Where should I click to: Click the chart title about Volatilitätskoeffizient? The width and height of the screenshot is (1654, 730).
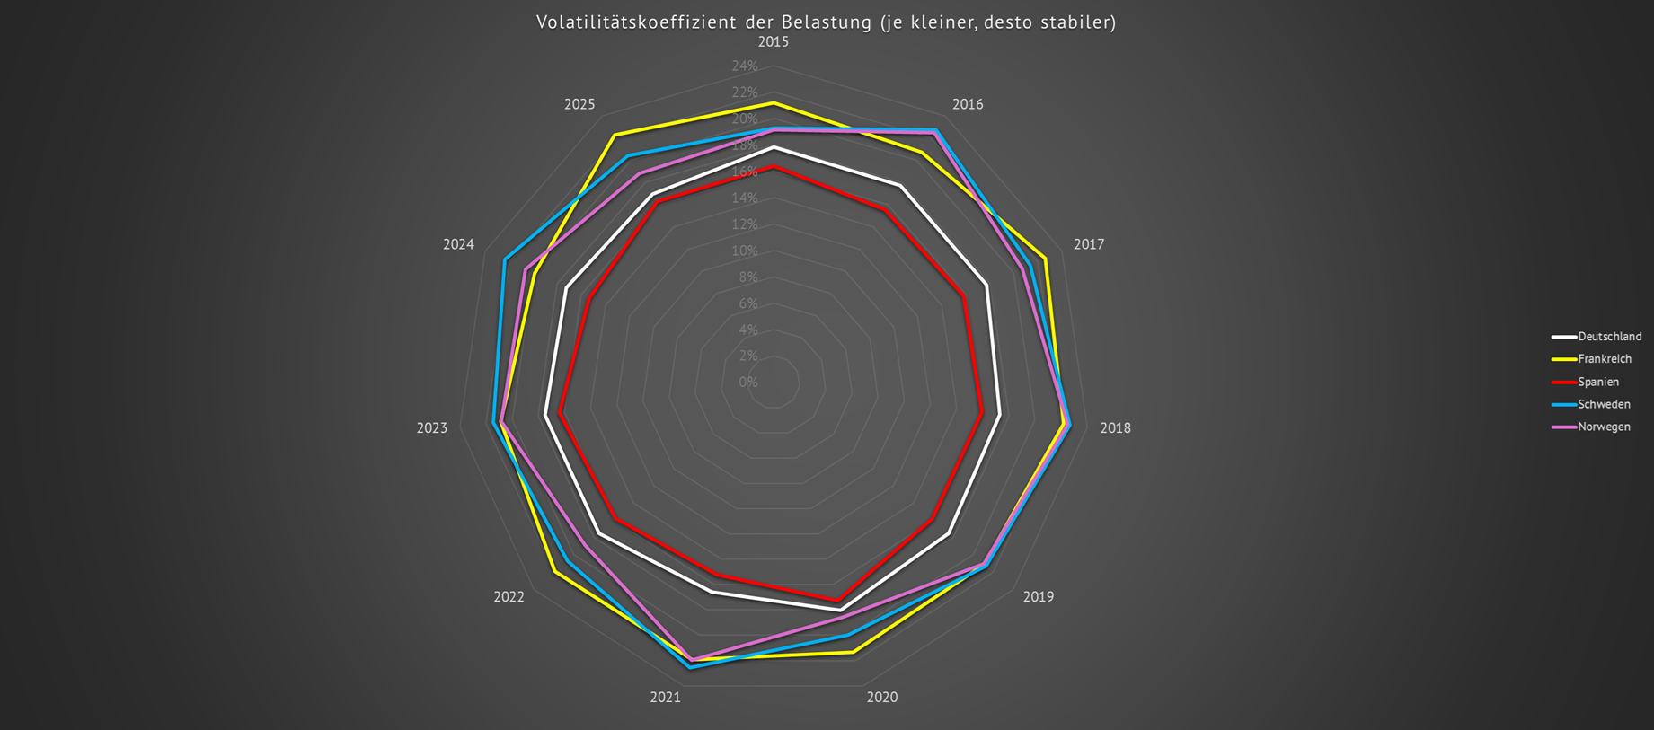826,22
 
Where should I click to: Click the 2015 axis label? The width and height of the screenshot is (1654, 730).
773,42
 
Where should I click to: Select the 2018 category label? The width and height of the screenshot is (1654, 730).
1115,428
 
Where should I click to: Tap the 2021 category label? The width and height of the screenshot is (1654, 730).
666,698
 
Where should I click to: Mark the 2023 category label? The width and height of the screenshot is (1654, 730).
431,428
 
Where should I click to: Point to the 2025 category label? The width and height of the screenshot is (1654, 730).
579,104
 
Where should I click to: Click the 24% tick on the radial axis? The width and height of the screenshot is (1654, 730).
745,66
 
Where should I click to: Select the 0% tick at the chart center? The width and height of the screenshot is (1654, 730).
748,383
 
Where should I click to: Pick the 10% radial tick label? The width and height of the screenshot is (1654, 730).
745,251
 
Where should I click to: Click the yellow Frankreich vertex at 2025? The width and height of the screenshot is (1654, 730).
615,136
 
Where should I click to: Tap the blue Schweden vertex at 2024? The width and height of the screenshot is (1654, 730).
505,259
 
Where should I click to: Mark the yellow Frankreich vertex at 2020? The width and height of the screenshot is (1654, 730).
853,652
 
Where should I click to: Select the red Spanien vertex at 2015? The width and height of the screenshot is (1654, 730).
773,166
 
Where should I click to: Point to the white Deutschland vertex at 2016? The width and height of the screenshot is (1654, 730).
900,186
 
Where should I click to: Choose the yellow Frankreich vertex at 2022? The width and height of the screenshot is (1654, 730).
554,572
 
